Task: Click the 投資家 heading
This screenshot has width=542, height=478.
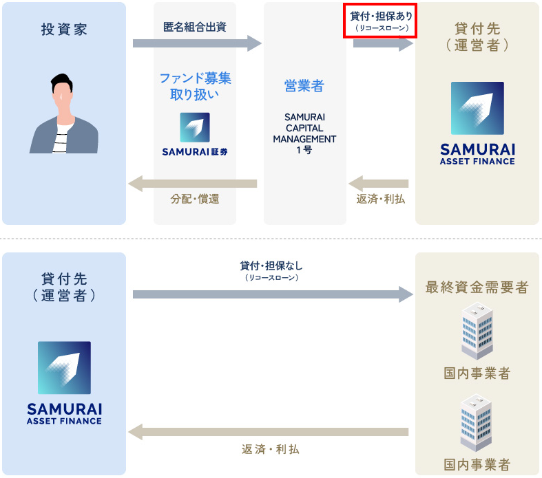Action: (x=64, y=30)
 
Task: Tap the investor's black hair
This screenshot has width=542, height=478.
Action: (x=61, y=82)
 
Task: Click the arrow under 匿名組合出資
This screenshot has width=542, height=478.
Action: (x=197, y=43)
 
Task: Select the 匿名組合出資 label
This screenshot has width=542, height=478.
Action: (x=195, y=27)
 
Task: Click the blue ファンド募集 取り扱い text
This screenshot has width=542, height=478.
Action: (x=195, y=86)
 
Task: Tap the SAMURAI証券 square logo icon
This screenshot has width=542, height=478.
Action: (x=195, y=127)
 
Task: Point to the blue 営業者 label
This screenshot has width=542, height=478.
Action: (x=304, y=85)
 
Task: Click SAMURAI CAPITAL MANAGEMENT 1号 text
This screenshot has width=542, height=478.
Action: (x=304, y=133)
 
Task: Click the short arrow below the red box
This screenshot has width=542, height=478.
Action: (x=383, y=43)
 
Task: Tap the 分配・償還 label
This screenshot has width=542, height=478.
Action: (x=195, y=199)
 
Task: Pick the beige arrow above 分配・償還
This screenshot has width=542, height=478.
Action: (x=193, y=184)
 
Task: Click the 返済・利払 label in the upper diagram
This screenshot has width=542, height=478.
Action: (x=381, y=199)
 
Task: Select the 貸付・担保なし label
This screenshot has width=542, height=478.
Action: (x=271, y=266)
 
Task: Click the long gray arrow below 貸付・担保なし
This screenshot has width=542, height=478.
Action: (x=273, y=294)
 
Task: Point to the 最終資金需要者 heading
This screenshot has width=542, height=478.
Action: (x=477, y=287)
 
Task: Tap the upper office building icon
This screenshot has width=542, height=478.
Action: (x=477, y=332)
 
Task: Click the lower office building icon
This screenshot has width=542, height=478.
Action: (x=477, y=423)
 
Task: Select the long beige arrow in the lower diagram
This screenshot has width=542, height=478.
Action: (x=268, y=432)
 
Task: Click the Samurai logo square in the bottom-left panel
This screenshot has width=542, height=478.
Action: (x=64, y=368)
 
